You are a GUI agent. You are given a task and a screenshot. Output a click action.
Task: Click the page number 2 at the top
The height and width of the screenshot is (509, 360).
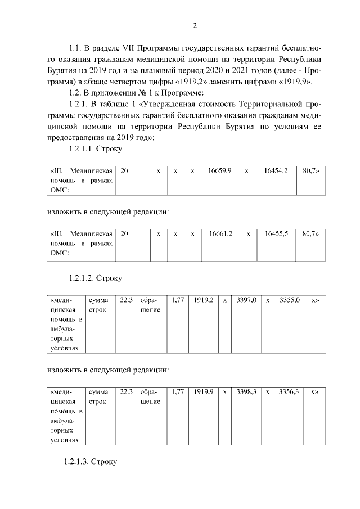point(195,25)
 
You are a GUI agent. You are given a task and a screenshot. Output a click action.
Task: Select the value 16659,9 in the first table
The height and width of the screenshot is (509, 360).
point(220,170)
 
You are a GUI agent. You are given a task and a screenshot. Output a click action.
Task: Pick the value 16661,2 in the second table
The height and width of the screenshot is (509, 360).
point(220,233)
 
